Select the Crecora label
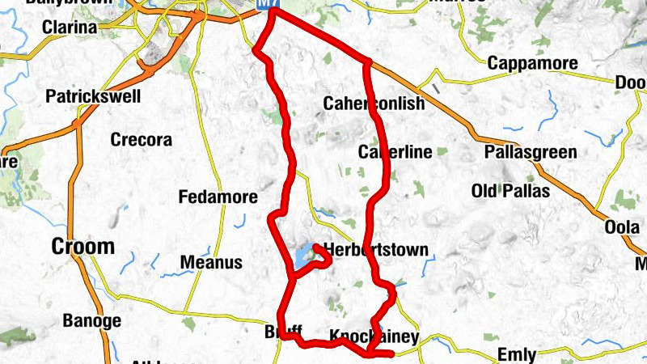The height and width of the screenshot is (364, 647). click(x=142, y=139)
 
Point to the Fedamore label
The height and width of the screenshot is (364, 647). click(x=218, y=197)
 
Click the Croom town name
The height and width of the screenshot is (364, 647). click(x=83, y=246)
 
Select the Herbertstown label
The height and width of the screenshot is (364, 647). click(x=375, y=249)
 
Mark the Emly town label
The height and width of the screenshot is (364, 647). click(x=517, y=353)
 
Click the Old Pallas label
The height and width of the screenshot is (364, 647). click(x=510, y=192)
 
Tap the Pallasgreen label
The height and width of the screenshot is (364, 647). click(x=531, y=152)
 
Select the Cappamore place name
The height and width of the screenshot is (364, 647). click(x=533, y=63)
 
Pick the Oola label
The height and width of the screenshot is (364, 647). click(x=622, y=227)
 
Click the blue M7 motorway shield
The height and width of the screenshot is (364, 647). click(x=268, y=4)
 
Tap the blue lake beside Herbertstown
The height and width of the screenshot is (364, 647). click(x=302, y=258)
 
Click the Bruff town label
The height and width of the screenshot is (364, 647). click(x=283, y=332)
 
